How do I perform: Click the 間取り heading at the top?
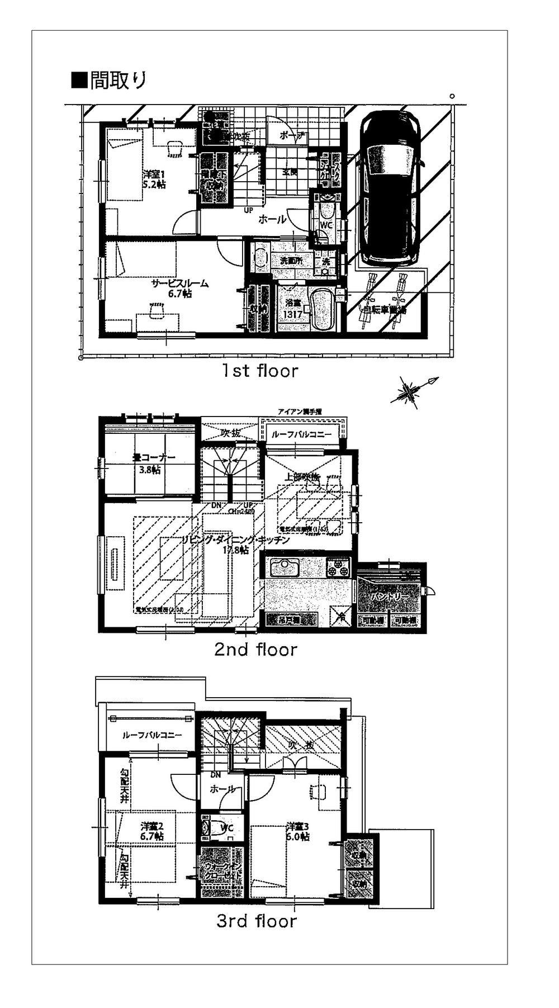pos(110,81)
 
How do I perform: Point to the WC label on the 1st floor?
pos(326,225)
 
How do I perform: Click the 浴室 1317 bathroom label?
pos(292,309)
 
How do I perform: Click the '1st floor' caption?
pos(259,371)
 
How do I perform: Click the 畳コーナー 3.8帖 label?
pos(154,463)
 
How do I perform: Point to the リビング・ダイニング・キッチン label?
pos(235,545)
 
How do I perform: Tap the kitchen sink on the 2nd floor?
pos(286,568)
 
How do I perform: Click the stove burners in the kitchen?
pos(338,568)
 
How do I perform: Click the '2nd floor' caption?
pos(255,649)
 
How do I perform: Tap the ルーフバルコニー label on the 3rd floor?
pos(151,735)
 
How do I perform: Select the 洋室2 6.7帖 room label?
pos(151,831)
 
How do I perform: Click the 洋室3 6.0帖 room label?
pos(297,831)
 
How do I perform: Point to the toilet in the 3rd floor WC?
pos(208,828)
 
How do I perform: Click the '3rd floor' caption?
pos(257,921)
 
